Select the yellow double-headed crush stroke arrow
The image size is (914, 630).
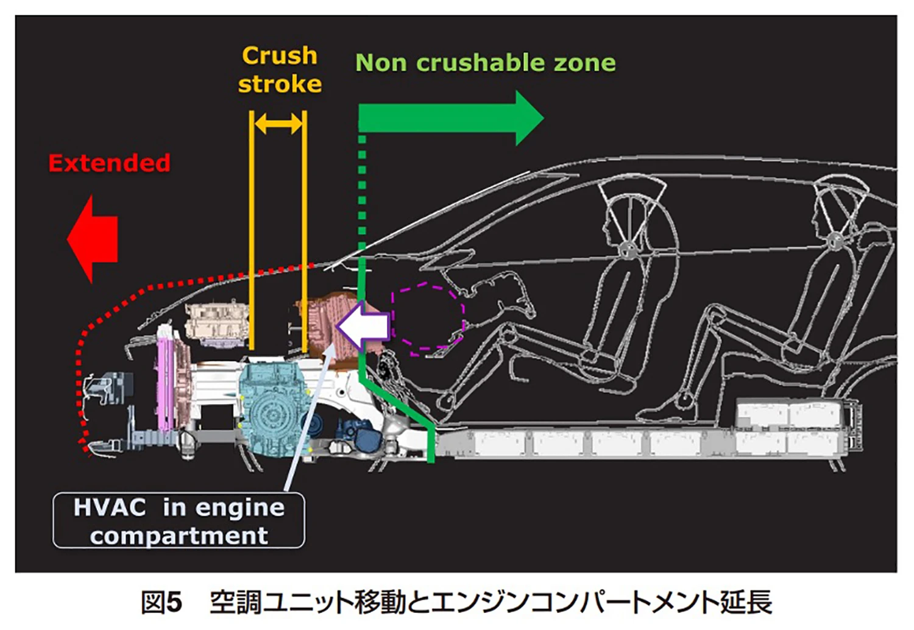278,124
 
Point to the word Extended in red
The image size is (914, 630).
109,163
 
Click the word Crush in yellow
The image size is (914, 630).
280,56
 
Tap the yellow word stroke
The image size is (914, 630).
280,84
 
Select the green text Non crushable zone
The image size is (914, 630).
485,63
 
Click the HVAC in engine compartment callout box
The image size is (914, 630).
179,520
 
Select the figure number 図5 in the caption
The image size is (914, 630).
161,603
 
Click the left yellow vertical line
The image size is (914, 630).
251,232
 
